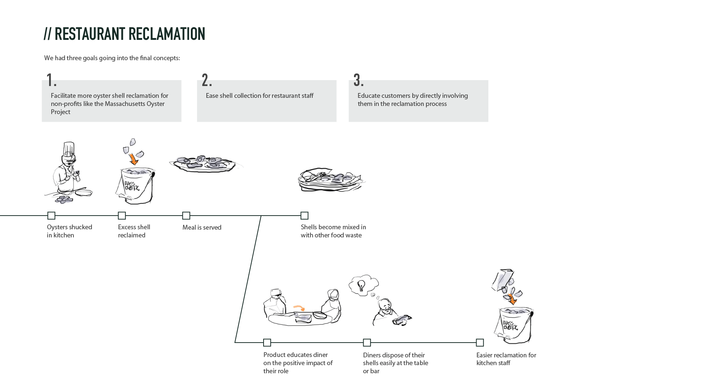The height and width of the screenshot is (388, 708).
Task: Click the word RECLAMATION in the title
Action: (167, 34)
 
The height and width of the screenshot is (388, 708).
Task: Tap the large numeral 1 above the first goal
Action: (50, 80)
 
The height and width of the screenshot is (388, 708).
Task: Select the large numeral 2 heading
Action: (206, 80)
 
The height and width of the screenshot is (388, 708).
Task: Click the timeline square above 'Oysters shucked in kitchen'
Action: (51, 216)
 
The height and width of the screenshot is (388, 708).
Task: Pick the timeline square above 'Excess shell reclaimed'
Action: (122, 216)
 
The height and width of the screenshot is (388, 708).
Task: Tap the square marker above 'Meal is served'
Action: (186, 216)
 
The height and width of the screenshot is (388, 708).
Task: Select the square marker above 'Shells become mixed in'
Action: (305, 216)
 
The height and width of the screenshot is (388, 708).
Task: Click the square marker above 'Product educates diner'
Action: (267, 343)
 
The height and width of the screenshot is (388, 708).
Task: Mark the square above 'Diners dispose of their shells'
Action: (367, 343)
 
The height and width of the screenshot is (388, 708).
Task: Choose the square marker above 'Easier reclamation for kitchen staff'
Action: (480, 343)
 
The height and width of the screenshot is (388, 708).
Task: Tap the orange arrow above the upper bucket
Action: (133, 159)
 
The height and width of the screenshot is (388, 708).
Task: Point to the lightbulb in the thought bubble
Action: (361, 285)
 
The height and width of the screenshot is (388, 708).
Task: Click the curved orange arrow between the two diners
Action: (299, 308)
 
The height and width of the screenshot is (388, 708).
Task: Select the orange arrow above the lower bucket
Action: (512, 298)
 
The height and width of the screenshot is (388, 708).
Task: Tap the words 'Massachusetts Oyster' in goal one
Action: (134, 104)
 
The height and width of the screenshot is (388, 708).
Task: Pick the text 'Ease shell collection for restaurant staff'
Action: (260, 96)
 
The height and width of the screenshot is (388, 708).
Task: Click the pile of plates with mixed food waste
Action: (330, 180)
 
